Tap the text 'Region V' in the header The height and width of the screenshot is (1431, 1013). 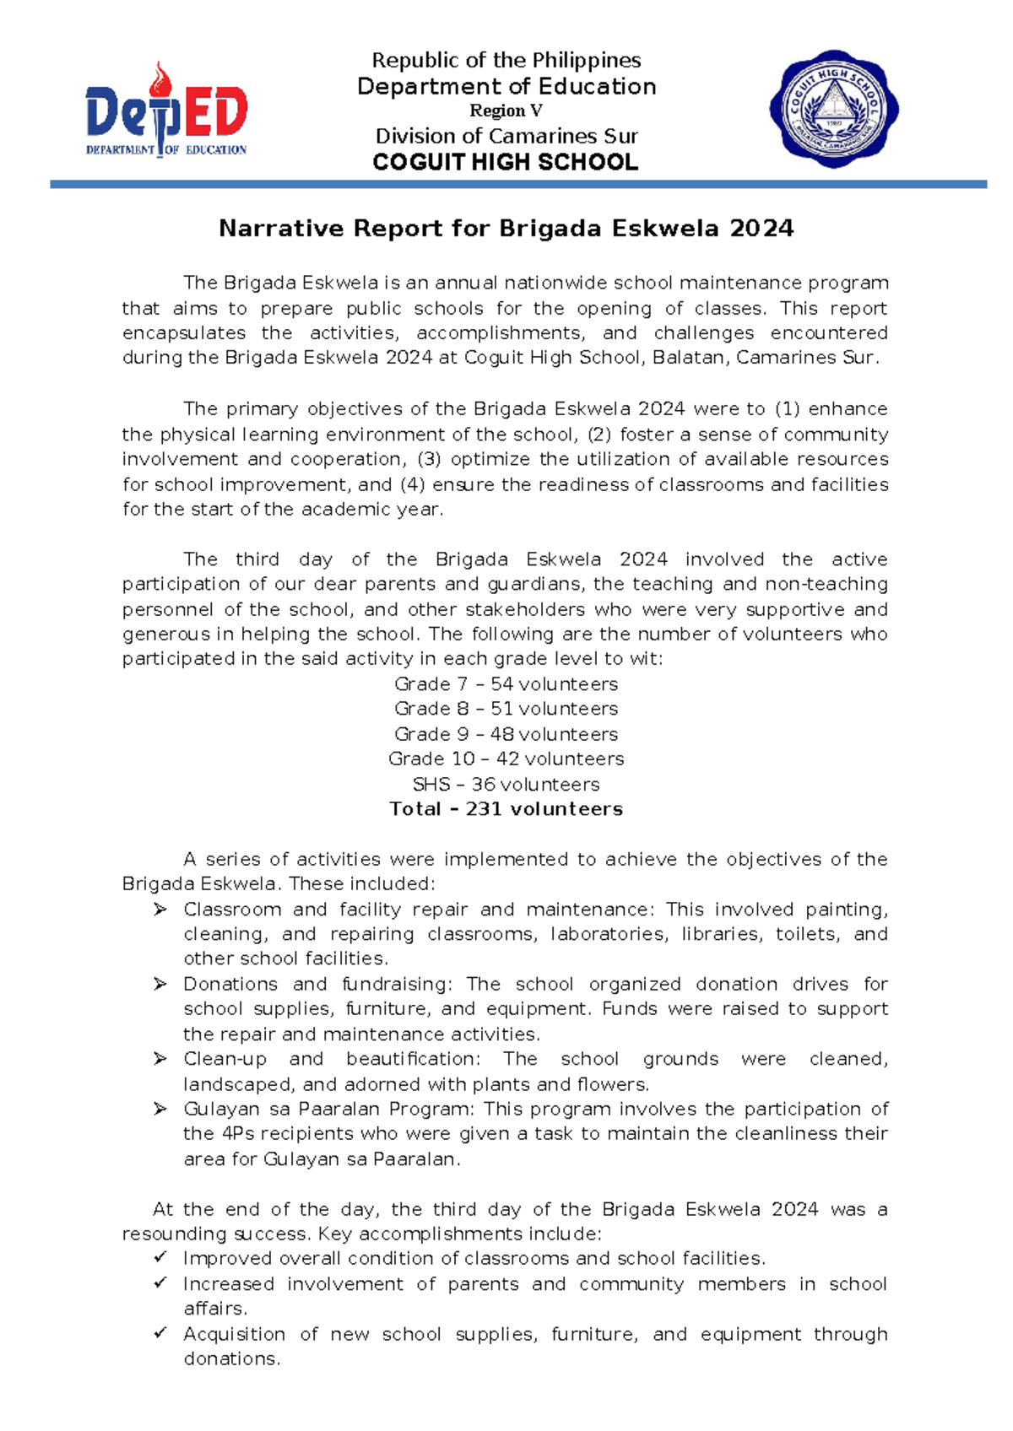pyautogui.click(x=506, y=111)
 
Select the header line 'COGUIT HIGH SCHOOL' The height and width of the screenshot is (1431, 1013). pyautogui.click(x=506, y=163)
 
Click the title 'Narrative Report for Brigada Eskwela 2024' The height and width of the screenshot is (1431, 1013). pyautogui.click(x=506, y=229)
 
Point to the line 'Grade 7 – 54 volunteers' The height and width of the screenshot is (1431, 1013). pyautogui.click(x=506, y=684)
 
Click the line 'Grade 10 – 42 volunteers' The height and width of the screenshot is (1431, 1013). pyautogui.click(x=506, y=759)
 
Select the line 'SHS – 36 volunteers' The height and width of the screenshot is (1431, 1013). pyautogui.click(x=506, y=784)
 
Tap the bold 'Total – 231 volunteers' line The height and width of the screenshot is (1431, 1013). pyautogui.click(x=506, y=809)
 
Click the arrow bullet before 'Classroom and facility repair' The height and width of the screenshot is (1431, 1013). pyautogui.click(x=160, y=910)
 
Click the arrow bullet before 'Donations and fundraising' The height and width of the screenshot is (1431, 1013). pyautogui.click(x=160, y=984)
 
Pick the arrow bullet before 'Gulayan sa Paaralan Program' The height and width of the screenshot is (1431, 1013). pyautogui.click(x=160, y=1109)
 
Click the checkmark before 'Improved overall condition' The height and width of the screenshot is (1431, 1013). pyautogui.click(x=160, y=1258)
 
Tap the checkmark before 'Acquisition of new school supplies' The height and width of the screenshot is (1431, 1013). pyautogui.click(x=160, y=1333)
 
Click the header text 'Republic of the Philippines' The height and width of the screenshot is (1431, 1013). pyautogui.click(x=506, y=61)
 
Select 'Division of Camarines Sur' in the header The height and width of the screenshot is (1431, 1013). pyautogui.click(x=506, y=137)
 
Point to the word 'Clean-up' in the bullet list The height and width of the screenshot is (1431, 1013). pyautogui.click(x=225, y=1059)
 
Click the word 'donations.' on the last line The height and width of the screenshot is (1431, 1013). pyautogui.click(x=231, y=1358)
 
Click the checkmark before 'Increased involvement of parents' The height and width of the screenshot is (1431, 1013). pyautogui.click(x=160, y=1283)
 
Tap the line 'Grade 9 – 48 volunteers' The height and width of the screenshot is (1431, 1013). pyautogui.click(x=506, y=734)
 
